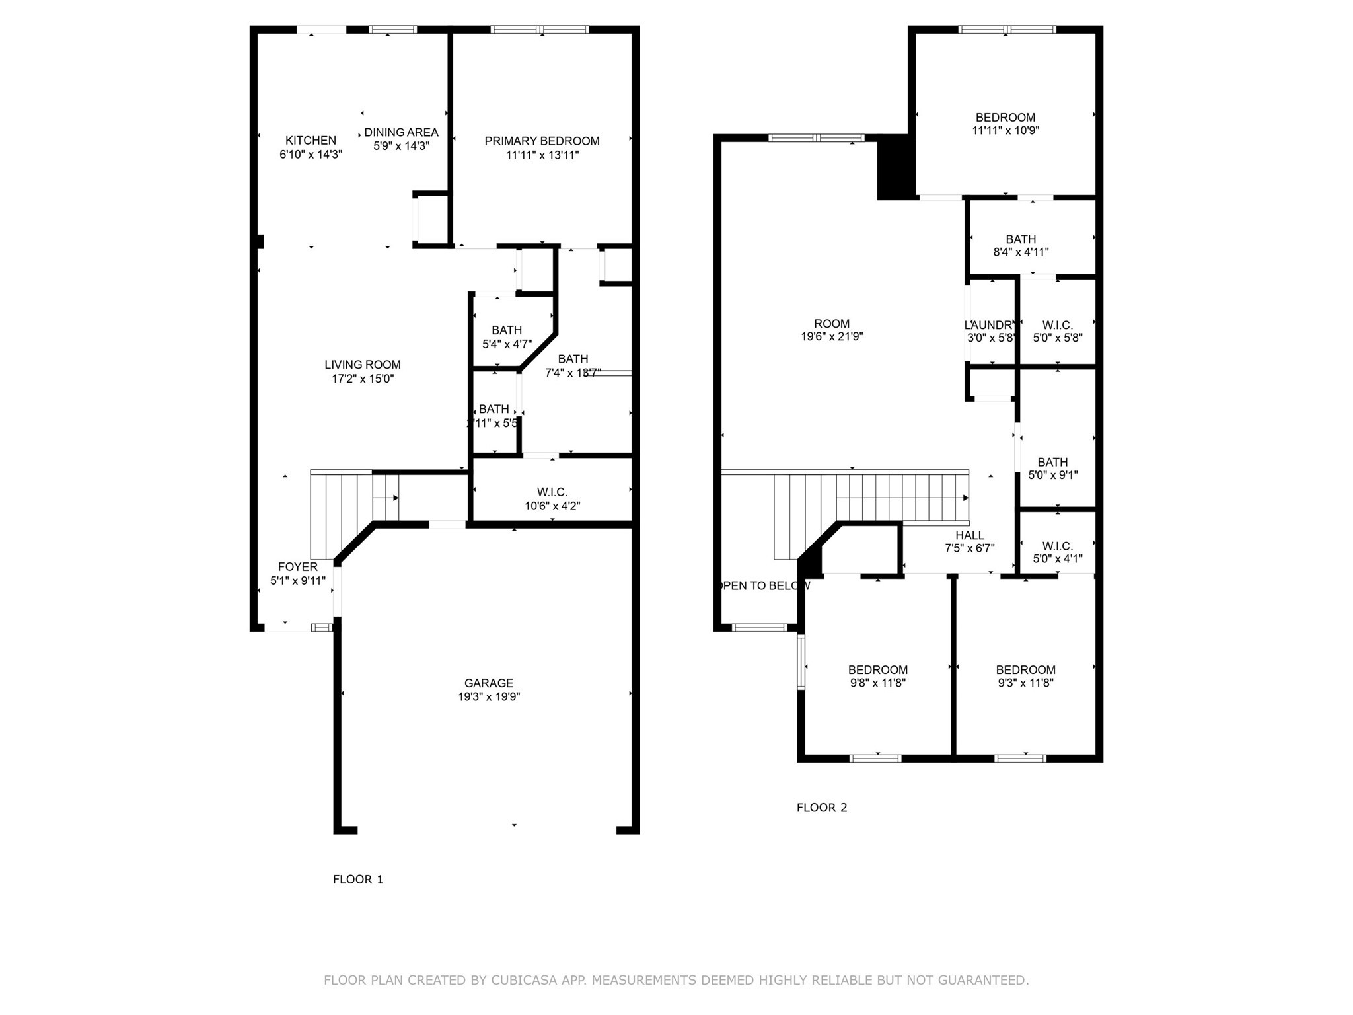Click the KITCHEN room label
[x=311, y=141]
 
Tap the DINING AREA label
[x=401, y=132]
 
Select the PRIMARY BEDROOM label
[x=542, y=141]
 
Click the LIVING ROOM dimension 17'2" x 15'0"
[x=363, y=379]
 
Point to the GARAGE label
[x=488, y=683]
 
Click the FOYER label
[x=297, y=566]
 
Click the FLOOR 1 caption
[x=357, y=879]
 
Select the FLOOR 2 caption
[x=821, y=807]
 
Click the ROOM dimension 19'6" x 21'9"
[x=832, y=336]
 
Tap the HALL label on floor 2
[x=969, y=535]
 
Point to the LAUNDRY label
[x=988, y=325]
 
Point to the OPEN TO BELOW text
[x=763, y=585]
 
